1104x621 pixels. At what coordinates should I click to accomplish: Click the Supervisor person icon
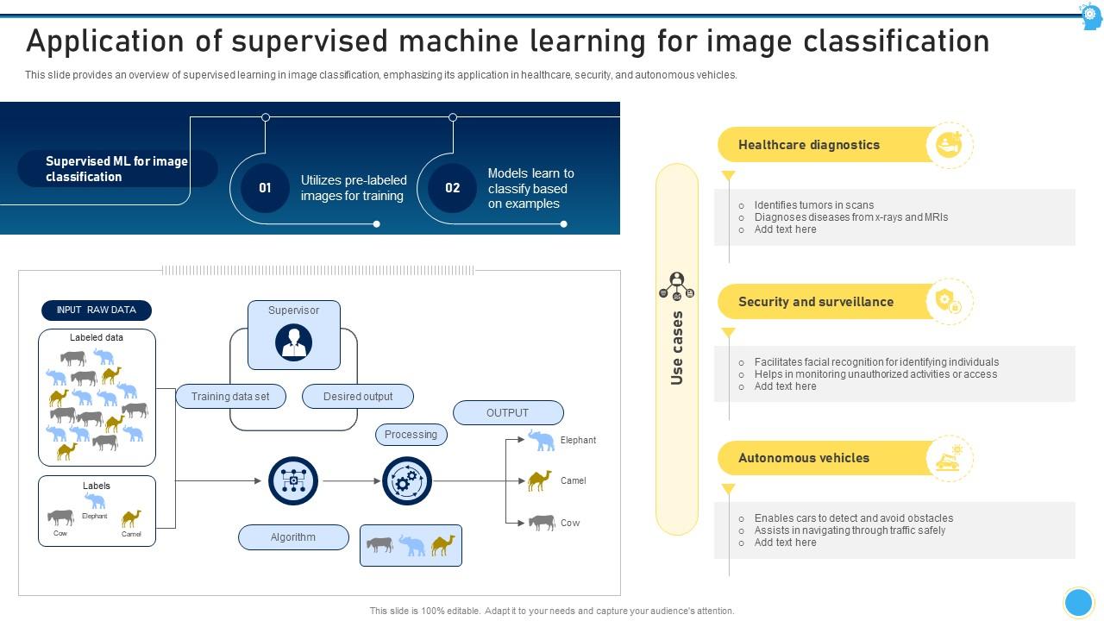coord(293,342)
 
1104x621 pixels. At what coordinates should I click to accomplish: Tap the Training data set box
coord(230,397)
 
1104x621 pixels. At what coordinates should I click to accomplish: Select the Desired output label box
coord(358,397)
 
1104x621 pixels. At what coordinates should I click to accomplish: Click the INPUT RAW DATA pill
coord(97,310)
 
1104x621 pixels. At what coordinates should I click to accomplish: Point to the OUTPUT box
coord(508,412)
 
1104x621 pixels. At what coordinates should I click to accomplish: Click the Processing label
coord(411,435)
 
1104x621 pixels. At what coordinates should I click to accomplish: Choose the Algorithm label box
coord(293,537)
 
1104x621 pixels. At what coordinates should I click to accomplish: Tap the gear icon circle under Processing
coord(407,481)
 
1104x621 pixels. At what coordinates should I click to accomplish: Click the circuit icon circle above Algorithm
coord(293,481)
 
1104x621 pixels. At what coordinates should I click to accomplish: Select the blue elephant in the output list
coord(542,441)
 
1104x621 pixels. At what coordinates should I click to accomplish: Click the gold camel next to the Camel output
coord(539,480)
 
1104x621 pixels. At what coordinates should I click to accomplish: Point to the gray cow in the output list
coord(542,522)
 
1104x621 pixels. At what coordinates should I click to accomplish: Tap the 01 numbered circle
coord(265,188)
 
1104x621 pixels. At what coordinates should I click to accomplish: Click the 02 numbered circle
coord(452,188)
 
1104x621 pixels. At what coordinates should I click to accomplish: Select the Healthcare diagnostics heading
coord(809,145)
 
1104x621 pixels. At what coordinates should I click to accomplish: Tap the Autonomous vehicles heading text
coord(804,458)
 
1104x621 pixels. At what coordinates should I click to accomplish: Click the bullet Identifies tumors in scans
coord(813,205)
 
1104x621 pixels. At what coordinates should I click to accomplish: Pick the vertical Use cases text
coord(677,348)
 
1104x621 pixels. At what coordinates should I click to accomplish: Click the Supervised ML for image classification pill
coord(116,169)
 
